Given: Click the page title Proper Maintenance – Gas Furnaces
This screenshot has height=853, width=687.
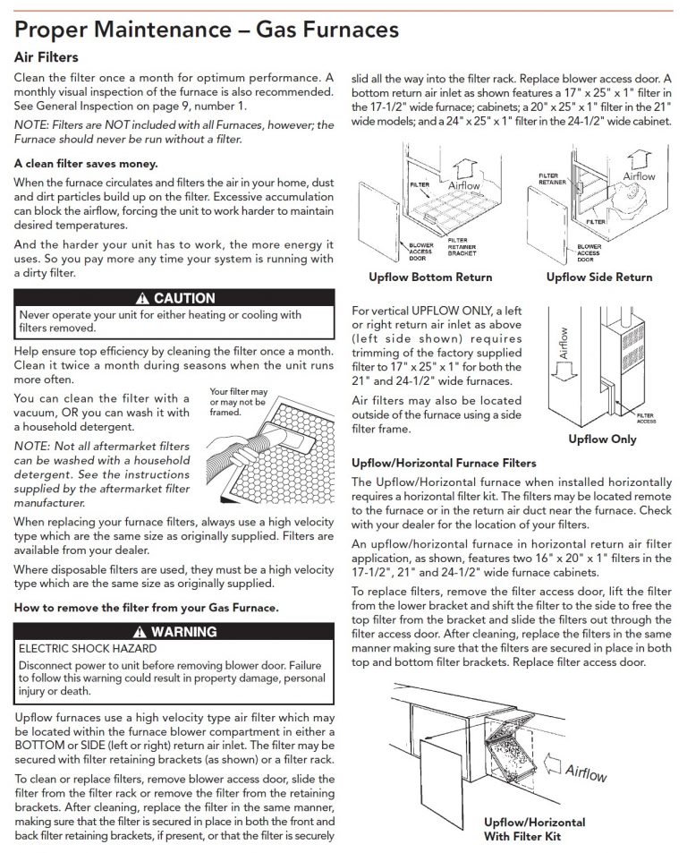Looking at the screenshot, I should (x=207, y=30).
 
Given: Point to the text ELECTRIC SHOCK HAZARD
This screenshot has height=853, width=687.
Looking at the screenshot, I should (x=88, y=648).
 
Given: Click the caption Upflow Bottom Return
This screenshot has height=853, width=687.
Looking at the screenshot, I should (x=430, y=277).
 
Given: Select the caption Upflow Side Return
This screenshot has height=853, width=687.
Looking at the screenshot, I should (x=599, y=277).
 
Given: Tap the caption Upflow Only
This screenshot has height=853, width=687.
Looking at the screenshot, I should (x=603, y=439).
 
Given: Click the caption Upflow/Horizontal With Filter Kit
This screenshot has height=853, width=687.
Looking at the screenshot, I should (x=535, y=830).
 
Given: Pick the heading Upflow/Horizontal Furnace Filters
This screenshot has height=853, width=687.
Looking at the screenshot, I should (x=444, y=463).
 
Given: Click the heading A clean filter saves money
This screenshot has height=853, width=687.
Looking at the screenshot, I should (x=86, y=163).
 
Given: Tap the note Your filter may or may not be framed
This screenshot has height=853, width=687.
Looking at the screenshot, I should (x=238, y=404).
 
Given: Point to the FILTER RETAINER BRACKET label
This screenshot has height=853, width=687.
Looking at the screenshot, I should (x=462, y=246).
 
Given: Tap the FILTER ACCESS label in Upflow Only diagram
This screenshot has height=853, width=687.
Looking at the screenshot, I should (x=645, y=418).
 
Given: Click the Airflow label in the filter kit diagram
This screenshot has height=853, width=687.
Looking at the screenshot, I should (x=586, y=772).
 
